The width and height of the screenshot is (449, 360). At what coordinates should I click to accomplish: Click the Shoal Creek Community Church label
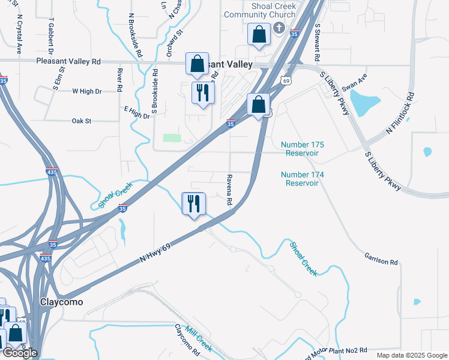coord(260,10)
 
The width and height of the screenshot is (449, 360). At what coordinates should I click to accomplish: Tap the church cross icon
coord(279,28)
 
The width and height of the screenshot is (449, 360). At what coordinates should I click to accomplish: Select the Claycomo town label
coord(61,302)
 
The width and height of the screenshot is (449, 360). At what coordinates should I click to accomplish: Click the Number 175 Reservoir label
coord(303,149)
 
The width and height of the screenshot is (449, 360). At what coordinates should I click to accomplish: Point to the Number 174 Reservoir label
coord(303,179)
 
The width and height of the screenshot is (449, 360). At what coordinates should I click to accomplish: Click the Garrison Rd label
coord(381,259)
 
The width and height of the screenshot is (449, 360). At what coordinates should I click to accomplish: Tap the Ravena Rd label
coord(229,190)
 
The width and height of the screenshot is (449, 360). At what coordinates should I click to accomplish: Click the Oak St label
coord(81,121)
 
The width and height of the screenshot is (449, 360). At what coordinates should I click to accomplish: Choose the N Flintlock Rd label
coord(401,113)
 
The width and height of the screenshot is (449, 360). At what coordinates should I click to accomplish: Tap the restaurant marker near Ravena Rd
coord(194,205)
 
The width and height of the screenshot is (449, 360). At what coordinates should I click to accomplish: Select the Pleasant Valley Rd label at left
coord(68,61)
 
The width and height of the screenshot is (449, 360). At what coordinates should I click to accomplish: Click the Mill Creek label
coord(199,339)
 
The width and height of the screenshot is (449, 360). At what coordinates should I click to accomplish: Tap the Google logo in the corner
coord(20,353)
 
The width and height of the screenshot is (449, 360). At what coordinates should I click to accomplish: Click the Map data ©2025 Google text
coord(411,355)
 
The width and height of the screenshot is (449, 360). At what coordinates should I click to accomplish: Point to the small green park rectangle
coord(172,137)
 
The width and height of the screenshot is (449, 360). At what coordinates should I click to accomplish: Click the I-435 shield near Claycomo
coord(44,258)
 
